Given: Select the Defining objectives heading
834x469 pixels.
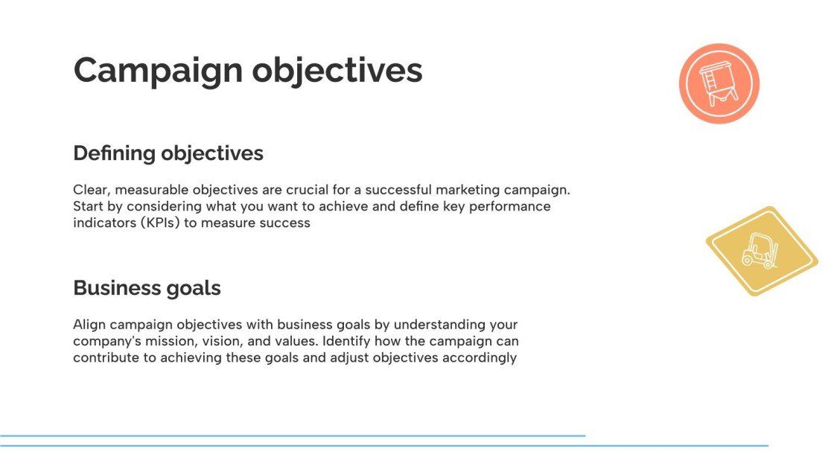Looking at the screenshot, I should coord(168,153).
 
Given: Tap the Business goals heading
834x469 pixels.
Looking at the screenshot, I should coord(147,288).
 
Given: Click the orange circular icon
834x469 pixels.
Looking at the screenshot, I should coord(719,83).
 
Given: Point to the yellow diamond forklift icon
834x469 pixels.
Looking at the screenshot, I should coord(762,251).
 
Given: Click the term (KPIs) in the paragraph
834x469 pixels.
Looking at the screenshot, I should coord(158,223).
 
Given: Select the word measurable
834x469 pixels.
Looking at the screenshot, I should coord(153,190).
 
